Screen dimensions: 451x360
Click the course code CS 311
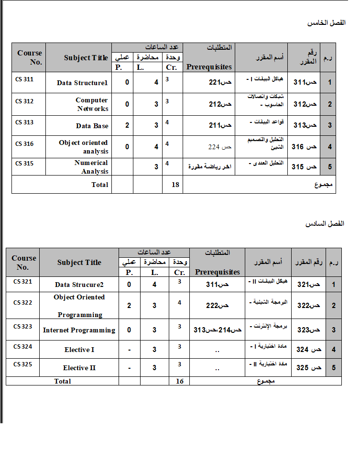pyautogui.click(x=24, y=79)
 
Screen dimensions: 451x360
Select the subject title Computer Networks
pyautogui.click(x=92, y=104)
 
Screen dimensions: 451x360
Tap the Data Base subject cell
pyautogui.click(x=92, y=126)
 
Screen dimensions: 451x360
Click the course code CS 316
pyautogui.click(x=24, y=143)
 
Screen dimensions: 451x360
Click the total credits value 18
pyautogui.click(x=175, y=185)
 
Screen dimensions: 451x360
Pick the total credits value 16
pyautogui.click(x=179, y=381)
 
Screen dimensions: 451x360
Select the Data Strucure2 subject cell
pyautogui.click(x=79, y=285)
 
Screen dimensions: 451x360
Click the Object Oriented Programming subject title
pyautogui.click(x=79, y=306)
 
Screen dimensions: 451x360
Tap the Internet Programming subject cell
pyautogui.click(x=79, y=330)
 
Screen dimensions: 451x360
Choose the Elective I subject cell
pyautogui.click(x=79, y=350)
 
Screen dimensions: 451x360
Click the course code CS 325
pyautogui.click(x=23, y=364)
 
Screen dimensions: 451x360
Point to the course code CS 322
pyautogui.click(x=23, y=302)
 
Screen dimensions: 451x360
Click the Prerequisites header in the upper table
pyautogui.click(x=209, y=67)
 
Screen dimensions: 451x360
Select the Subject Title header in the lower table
pyautogui.click(x=79, y=262)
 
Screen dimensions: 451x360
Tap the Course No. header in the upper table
pyautogui.click(x=30, y=57)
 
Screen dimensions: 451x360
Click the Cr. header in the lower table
pyautogui.click(x=179, y=272)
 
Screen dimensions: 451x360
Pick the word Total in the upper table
pyautogui.click(x=100, y=185)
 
